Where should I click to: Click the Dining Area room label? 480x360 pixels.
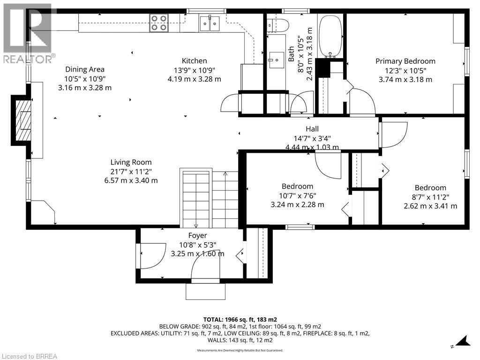click(x=84, y=69)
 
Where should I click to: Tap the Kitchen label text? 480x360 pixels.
click(x=194, y=61)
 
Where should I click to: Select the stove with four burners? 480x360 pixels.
click(x=159, y=23)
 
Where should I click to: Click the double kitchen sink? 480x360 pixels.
click(x=209, y=23)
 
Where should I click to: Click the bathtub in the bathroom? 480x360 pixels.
click(x=331, y=35)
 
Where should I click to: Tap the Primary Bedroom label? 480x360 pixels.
click(x=405, y=61)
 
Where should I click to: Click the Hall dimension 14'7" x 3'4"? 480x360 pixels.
click(x=312, y=138)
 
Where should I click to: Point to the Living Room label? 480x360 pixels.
click(x=131, y=162)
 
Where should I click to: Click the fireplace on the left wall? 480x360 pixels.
click(x=22, y=120)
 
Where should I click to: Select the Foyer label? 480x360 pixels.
click(x=197, y=235)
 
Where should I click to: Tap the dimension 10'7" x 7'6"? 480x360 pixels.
click(x=297, y=195)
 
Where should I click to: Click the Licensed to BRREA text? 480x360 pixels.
click(x=29, y=356)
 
